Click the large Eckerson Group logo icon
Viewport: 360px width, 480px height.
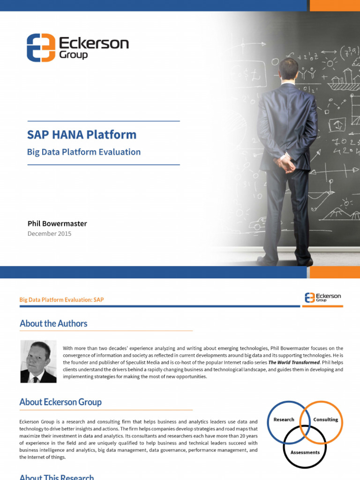tap(41, 47)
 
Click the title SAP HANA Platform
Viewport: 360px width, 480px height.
tap(82, 135)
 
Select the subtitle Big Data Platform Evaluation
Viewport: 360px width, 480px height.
tap(84, 152)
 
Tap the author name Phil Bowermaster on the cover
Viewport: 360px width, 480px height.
tap(57, 223)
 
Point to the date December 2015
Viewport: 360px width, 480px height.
tap(49, 233)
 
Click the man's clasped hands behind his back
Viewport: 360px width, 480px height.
tap(285, 164)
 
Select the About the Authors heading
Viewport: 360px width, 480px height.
tap(53, 323)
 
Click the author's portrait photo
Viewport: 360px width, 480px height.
tap(38, 361)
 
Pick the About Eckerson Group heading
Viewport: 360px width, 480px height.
tap(60, 402)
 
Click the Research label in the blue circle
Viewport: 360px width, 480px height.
tap(284, 420)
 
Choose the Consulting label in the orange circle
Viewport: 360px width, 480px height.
tap(325, 420)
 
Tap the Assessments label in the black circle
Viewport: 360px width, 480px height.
tap(305, 452)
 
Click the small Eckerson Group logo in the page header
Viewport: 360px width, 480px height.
tap(323, 297)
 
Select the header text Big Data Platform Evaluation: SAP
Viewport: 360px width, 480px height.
tap(61, 300)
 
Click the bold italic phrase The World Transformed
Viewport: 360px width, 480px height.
tap(294, 363)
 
